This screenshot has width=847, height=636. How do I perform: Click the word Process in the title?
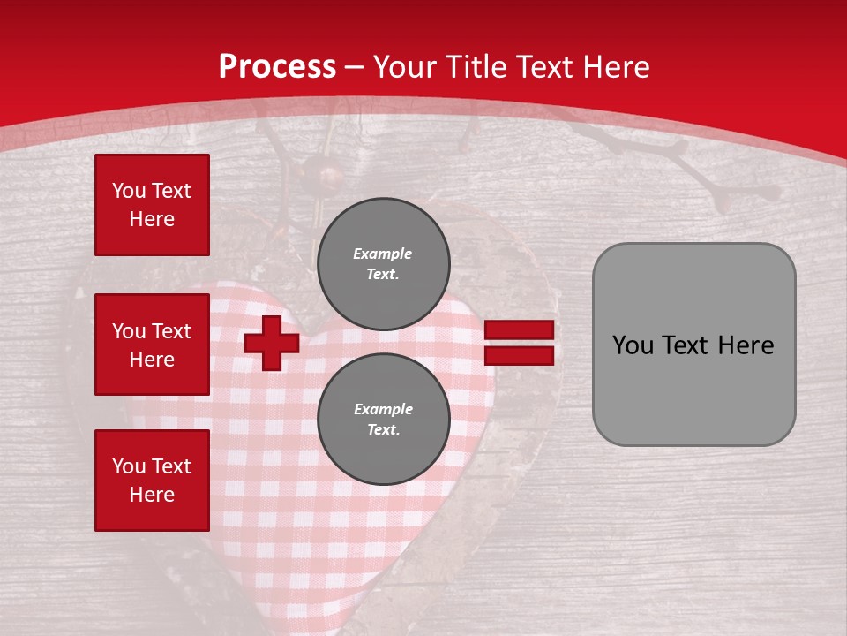[x=277, y=67]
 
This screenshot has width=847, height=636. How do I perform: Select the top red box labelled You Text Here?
[x=152, y=205]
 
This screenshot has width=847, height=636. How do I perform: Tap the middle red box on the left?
[x=152, y=344]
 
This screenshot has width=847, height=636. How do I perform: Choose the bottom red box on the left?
[x=152, y=481]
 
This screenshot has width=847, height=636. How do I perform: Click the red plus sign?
[x=272, y=344]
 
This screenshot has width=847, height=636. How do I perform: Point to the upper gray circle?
[x=383, y=264]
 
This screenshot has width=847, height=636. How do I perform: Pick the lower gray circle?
[x=383, y=420]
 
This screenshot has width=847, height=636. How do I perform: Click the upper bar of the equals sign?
[x=519, y=329]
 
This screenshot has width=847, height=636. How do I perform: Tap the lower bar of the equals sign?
[x=519, y=355]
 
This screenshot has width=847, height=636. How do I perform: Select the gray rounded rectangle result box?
[x=693, y=344]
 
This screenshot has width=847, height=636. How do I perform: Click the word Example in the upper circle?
[x=383, y=254]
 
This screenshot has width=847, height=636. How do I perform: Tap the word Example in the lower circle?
[x=383, y=410]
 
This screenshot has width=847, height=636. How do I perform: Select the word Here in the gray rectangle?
[x=746, y=345]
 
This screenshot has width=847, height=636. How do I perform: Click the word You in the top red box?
[x=129, y=191]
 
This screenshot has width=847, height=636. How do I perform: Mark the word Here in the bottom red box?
[x=152, y=495]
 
